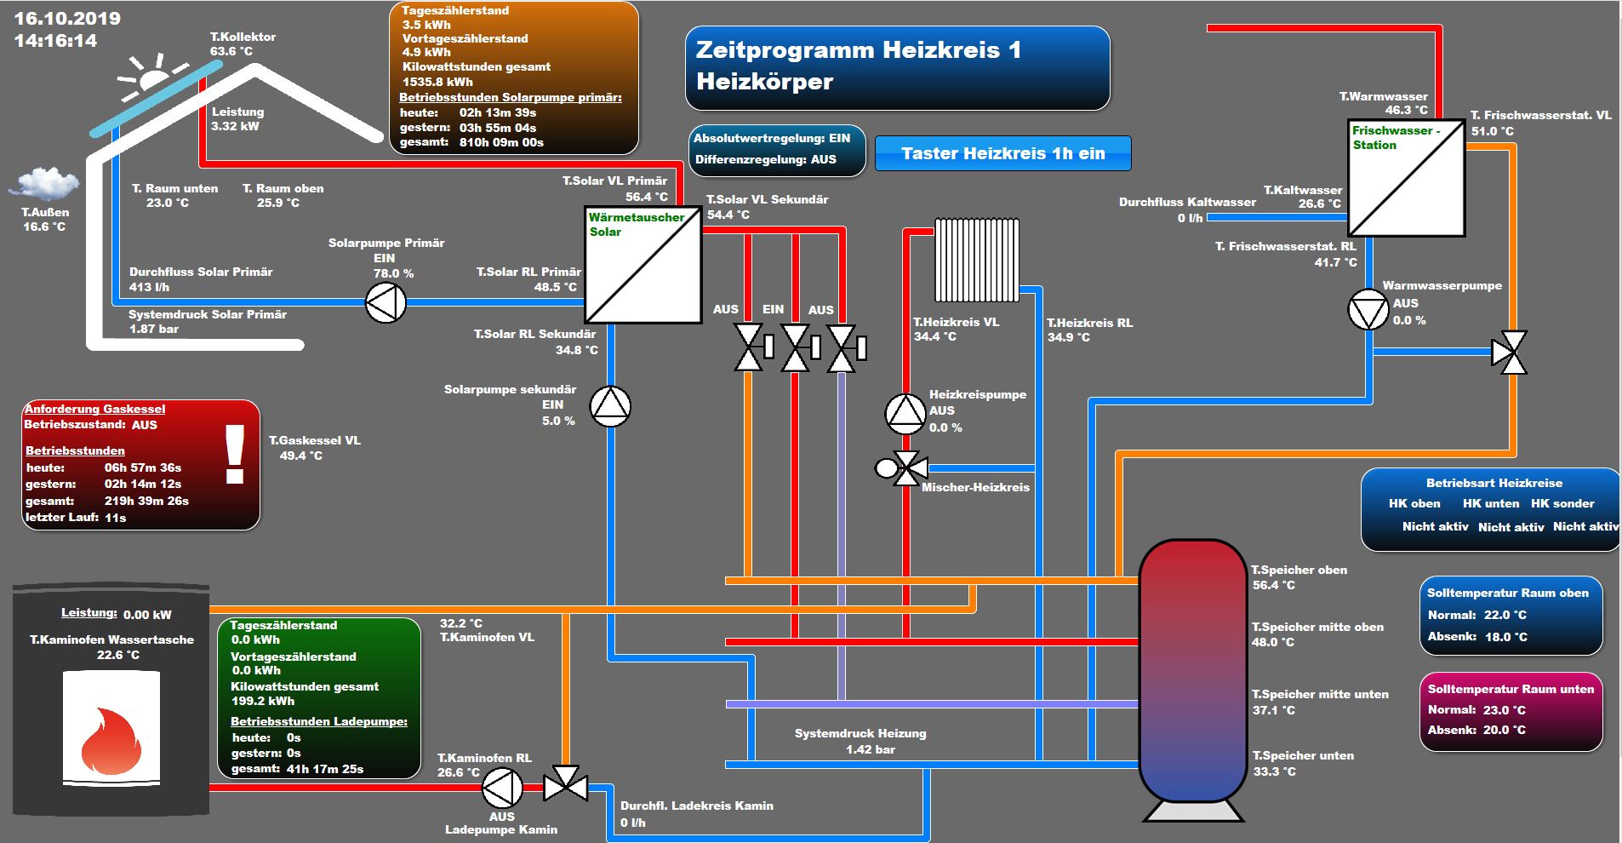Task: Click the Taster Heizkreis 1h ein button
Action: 1002,154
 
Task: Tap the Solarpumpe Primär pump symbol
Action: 386,302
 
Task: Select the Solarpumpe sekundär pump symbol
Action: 610,406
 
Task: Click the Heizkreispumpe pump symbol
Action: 905,414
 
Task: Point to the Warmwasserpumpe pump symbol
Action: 1368,310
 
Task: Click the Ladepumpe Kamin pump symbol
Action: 502,789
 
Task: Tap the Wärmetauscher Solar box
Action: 643,265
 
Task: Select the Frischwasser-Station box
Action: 1406,178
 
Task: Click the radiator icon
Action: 976,261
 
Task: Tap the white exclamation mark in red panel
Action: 234,455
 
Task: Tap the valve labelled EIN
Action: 796,348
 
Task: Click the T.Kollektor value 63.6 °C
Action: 231,52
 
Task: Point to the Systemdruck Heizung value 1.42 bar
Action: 870,749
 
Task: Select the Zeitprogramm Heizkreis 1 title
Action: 858,50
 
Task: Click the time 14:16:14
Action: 56,41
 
